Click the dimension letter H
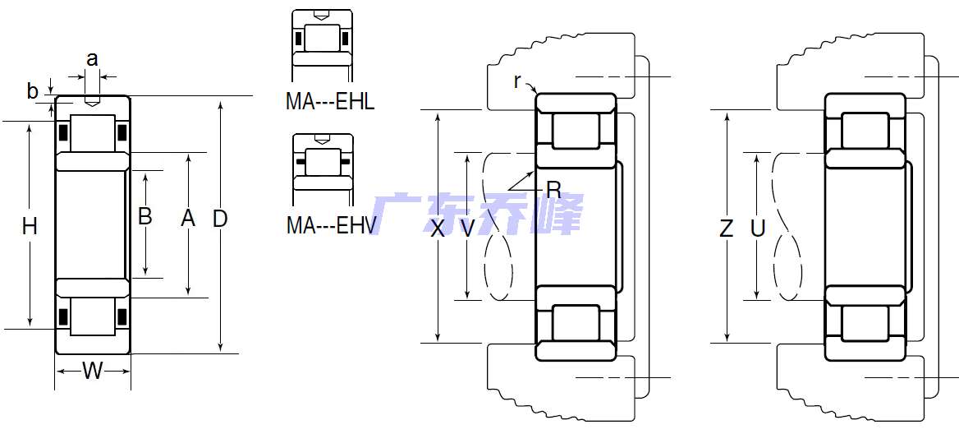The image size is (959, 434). tap(30, 226)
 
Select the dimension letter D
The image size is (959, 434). tap(220, 219)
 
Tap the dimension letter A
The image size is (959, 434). tap(188, 219)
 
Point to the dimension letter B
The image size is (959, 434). tap(145, 217)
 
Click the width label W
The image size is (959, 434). tap(93, 372)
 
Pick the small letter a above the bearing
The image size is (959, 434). tap(92, 58)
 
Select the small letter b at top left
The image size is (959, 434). tap(33, 91)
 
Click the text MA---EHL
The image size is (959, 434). tap(330, 102)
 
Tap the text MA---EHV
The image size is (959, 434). tap(330, 225)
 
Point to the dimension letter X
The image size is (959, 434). tap(438, 229)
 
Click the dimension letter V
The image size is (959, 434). tap(467, 229)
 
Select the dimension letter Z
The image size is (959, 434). tap(726, 229)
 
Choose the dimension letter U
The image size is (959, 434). tap(757, 229)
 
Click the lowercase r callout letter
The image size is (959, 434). tap(517, 81)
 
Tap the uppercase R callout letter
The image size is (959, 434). tap(553, 190)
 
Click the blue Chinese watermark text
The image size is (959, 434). tap(476, 215)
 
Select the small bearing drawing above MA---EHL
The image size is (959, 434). tap(323, 39)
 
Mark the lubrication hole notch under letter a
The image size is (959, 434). tap(92, 102)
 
